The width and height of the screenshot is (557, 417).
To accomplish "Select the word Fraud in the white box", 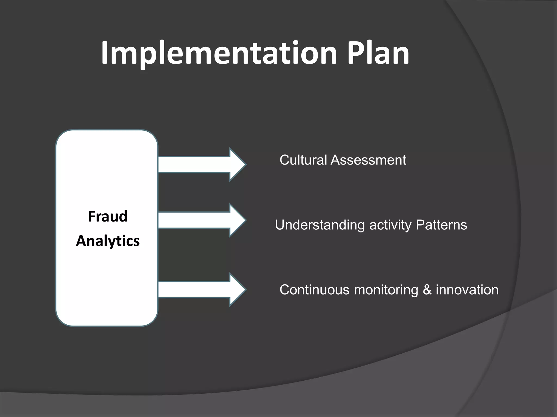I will pos(108,216).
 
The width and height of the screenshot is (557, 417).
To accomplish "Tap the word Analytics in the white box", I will pos(108,241).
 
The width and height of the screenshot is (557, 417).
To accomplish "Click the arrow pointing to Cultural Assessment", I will pos(201,165).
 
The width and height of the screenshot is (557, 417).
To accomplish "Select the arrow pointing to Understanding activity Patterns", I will pos(201,220).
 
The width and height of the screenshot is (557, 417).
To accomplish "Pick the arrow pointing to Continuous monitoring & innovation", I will pos(201,290).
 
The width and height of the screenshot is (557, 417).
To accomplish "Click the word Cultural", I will pos(303,160).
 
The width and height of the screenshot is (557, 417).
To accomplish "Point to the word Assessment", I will pos(368,160).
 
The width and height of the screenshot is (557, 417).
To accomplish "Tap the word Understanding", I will pos(320,225).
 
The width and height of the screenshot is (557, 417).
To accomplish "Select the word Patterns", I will pos(441,225).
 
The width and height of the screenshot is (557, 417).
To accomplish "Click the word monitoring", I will pos(386,290).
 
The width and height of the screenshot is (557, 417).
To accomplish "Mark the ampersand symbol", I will pos(427,290).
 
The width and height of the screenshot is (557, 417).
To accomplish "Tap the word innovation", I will pos(467,290).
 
